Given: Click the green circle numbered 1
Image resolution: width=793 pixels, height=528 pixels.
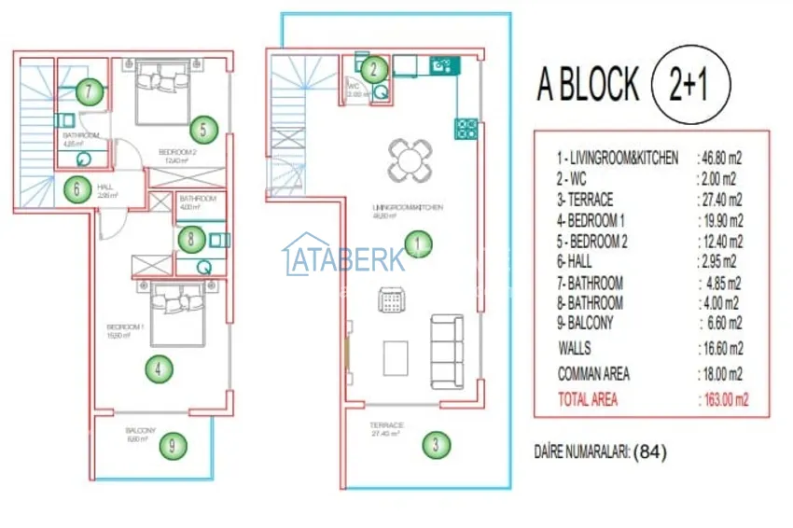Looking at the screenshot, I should click(419, 244).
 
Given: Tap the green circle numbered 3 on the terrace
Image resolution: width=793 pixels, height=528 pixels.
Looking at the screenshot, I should click(434, 445).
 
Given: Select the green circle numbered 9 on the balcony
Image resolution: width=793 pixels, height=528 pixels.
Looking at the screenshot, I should click(172, 445).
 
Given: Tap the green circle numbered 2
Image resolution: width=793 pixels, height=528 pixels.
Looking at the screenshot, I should click(373, 68).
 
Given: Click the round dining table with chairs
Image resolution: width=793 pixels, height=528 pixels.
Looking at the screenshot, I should click(410, 160).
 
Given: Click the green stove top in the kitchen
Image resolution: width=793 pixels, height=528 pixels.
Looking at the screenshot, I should click(466, 128).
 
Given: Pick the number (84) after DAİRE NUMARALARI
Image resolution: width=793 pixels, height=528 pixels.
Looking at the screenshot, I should click(650, 453).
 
